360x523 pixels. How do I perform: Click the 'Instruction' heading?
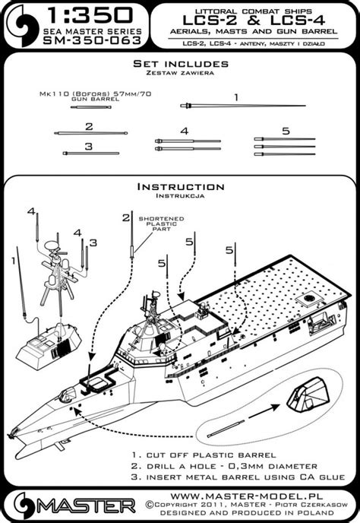click(x=180, y=187)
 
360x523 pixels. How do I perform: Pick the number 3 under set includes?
click(x=89, y=145)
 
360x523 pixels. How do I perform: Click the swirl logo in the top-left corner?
click(x=20, y=23)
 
